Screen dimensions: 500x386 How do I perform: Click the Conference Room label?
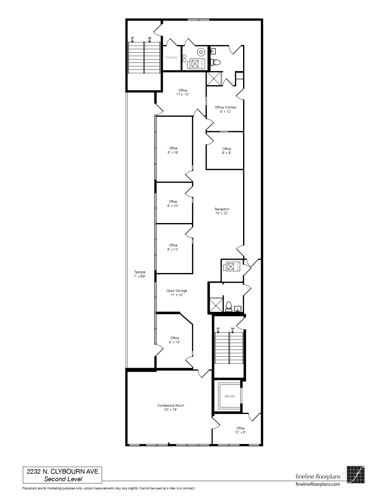pyautogui.click(x=171, y=407)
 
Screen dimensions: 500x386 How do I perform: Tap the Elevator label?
pyautogui.click(x=230, y=396)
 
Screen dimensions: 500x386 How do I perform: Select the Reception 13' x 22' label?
pyautogui.click(x=222, y=211)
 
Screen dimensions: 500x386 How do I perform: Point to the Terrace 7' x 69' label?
pyautogui.click(x=140, y=274)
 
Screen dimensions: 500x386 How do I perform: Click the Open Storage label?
pyautogui.click(x=177, y=292)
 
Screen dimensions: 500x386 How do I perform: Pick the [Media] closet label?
pyautogui.click(x=171, y=57)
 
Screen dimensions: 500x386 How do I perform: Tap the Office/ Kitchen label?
pyautogui.click(x=226, y=109)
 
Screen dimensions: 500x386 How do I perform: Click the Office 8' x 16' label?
pyautogui.click(x=173, y=150)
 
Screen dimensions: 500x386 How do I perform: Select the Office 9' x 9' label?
pyautogui.click(x=226, y=151)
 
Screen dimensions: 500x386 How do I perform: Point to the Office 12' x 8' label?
pyautogui.click(x=240, y=430)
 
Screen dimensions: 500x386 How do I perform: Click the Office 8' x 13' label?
pyautogui.click(x=175, y=340)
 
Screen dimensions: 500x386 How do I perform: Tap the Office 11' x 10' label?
pyautogui.click(x=183, y=92)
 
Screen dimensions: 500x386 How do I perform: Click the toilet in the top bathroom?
pyautogui.click(x=216, y=62)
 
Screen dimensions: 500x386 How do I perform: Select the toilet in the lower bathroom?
pyautogui.click(x=229, y=306)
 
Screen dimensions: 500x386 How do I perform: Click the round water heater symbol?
pyautogui.click(x=201, y=52)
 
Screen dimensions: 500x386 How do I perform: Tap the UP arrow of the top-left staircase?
pyautogui.click(x=132, y=39)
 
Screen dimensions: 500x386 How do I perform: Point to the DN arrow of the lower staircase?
pyautogui.click(x=233, y=330)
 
